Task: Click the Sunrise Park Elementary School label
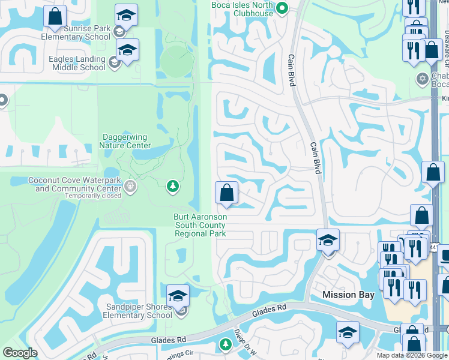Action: tap(76, 32)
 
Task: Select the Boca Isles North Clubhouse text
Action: tap(243, 8)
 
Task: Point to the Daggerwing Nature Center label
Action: tap(125, 140)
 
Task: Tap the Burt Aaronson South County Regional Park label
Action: tap(200, 225)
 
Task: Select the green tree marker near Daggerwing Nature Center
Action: tap(173, 187)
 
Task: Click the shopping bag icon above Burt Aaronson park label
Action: tap(226, 193)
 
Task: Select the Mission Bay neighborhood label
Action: tap(348, 295)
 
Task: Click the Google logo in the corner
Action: tap(20, 353)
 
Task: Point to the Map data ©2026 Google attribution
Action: tap(412, 355)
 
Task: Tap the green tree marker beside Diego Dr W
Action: tap(225, 344)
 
